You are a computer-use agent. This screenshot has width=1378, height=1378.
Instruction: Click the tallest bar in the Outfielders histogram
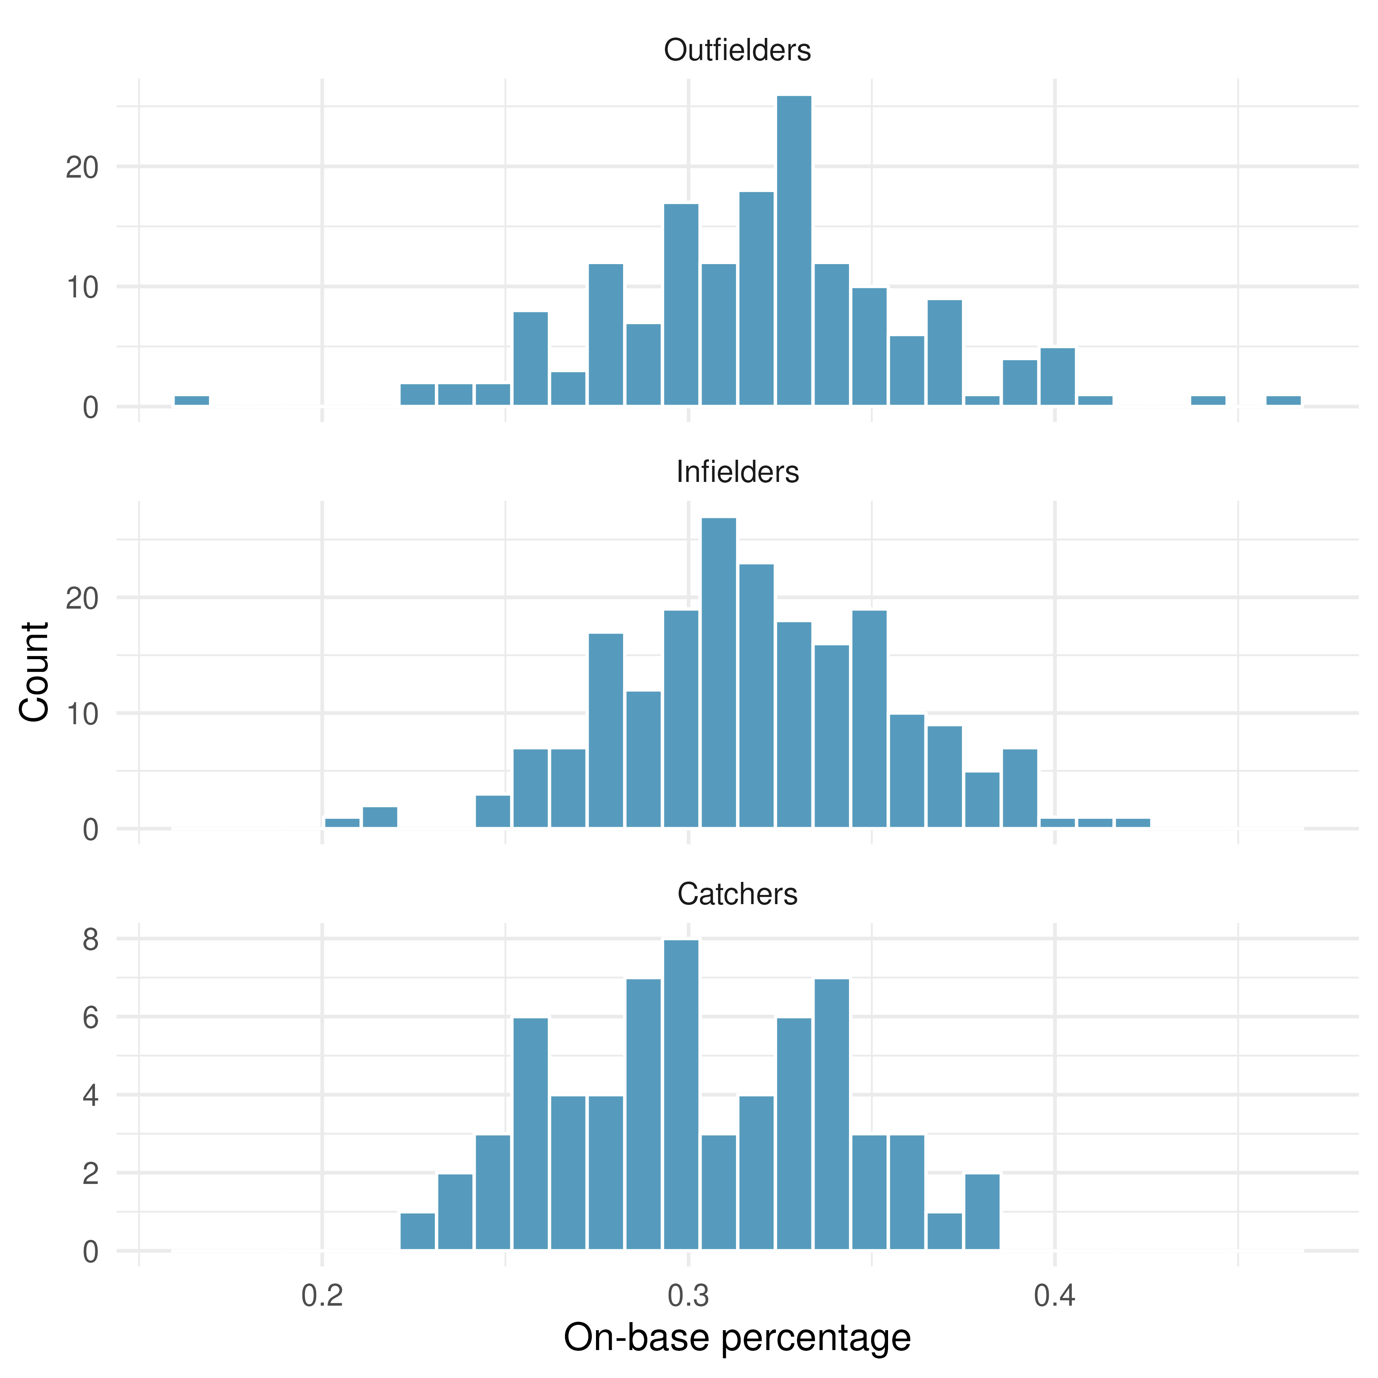pos(794,250)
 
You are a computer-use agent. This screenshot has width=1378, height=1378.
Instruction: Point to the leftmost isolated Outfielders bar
pos(192,400)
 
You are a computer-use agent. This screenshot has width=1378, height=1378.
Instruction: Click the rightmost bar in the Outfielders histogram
pos(1283,400)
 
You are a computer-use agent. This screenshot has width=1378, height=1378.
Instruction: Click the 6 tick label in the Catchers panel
pos(91,1017)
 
